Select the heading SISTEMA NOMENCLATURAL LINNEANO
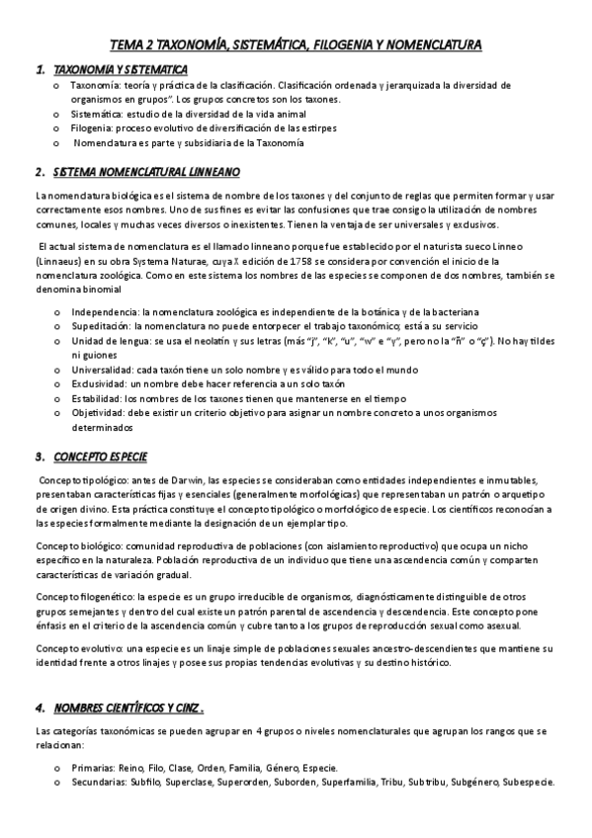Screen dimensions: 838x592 click(x=146, y=171)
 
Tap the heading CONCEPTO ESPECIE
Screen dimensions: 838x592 click(x=100, y=458)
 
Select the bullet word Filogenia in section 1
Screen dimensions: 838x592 click(x=91, y=128)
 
